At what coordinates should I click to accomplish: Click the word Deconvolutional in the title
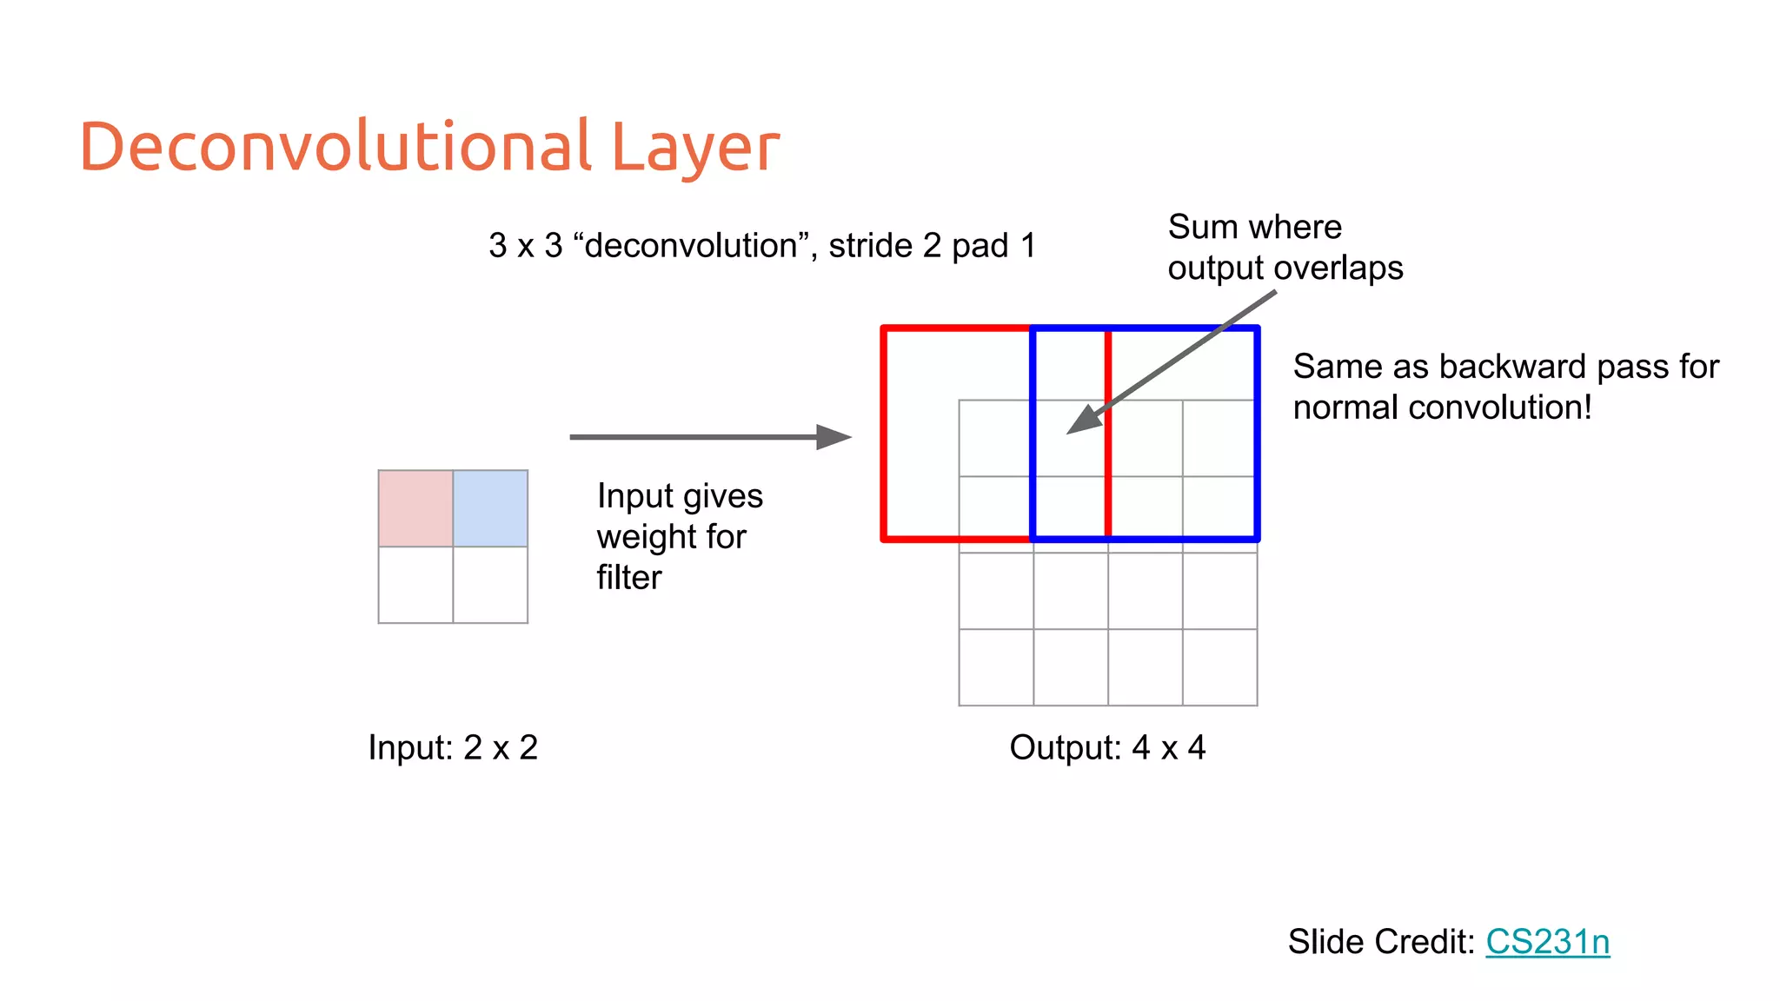tap(335, 146)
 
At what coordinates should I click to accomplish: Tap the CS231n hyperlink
tap(1547, 942)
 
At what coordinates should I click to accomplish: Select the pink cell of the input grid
tap(415, 508)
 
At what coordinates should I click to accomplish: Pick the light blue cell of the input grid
tap(490, 508)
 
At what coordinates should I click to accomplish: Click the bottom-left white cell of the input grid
tap(415, 585)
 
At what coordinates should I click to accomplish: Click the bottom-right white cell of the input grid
tap(490, 585)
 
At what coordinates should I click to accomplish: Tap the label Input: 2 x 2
tap(453, 747)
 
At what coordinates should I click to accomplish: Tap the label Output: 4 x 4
tap(1107, 747)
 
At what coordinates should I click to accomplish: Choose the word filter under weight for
tap(628, 578)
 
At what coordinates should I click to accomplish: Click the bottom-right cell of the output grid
tap(1219, 667)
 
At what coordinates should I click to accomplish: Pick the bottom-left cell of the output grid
tap(996, 667)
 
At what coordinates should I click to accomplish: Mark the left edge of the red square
tap(884, 434)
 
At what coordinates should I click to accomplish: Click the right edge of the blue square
tap(1257, 434)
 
